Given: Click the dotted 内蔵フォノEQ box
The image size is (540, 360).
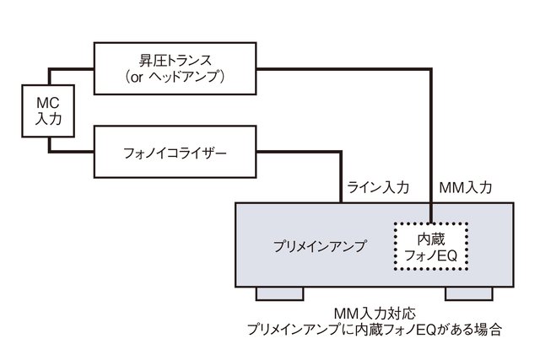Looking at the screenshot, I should click(429, 245).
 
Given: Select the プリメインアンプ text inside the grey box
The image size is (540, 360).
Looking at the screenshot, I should click(321, 246).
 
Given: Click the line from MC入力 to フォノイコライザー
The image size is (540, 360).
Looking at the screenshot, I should click(72, 153).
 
